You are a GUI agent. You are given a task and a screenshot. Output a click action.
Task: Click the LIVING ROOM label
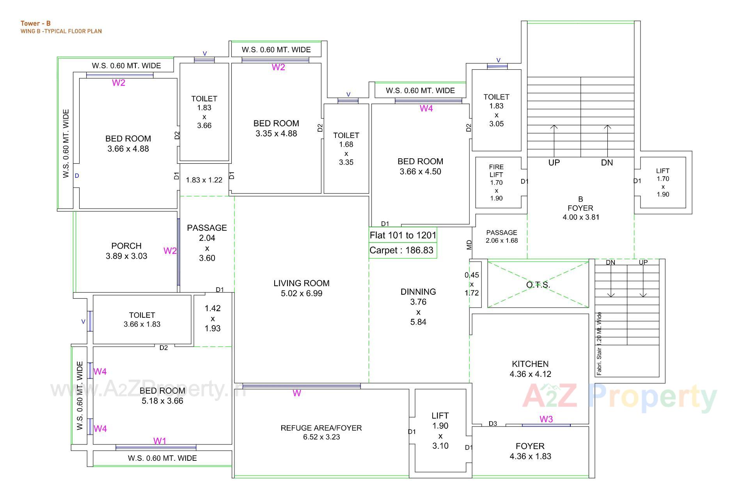301,283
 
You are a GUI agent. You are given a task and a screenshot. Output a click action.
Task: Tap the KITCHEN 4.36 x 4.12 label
530,369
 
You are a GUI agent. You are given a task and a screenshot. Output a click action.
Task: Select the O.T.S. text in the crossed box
538,285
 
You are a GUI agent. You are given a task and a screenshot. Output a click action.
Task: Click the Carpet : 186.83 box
402,250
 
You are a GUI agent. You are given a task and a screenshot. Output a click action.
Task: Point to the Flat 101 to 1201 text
403,235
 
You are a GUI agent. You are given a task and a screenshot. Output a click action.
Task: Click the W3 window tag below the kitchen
546,419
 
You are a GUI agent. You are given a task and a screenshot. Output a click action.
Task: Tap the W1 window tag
160,441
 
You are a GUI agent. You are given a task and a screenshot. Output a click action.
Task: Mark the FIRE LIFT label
496,171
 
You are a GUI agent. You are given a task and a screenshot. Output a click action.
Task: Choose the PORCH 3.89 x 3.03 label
126,251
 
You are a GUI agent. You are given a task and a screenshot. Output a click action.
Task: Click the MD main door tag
469,245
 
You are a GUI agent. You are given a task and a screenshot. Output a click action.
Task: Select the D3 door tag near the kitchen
493,424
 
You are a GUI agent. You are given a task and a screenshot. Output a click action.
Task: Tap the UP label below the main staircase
554,163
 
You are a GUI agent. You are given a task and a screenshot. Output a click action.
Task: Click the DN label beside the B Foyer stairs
607,163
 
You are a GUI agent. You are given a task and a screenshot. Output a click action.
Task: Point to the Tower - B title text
35,23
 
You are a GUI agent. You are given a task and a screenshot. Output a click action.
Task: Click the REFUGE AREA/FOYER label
321,428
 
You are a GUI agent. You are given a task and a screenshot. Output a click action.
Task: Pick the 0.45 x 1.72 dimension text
472,284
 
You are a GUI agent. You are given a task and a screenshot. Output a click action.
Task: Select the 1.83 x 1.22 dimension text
204,180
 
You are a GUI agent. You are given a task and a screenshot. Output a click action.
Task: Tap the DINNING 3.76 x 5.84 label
418,307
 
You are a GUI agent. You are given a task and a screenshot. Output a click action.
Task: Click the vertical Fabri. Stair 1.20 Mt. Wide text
599,344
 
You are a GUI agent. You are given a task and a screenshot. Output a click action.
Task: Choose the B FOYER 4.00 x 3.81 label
580,208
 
